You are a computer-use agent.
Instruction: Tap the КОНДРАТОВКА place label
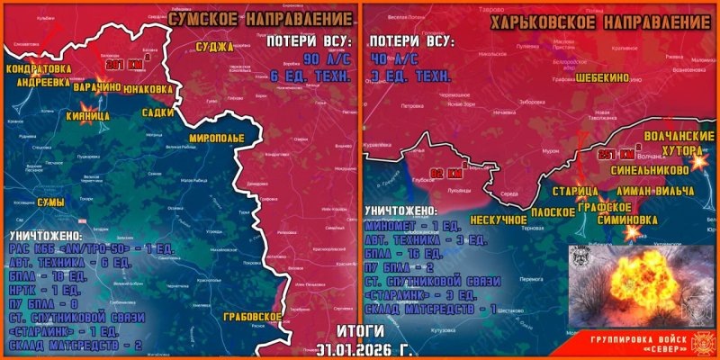(39, 67)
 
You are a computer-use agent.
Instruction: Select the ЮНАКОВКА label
(148, 88)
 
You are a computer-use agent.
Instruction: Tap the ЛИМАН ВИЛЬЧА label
(656, 193)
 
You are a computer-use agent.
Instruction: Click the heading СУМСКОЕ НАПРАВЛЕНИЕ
(260, 17)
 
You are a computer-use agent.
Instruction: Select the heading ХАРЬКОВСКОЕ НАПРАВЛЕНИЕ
(601, 18)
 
